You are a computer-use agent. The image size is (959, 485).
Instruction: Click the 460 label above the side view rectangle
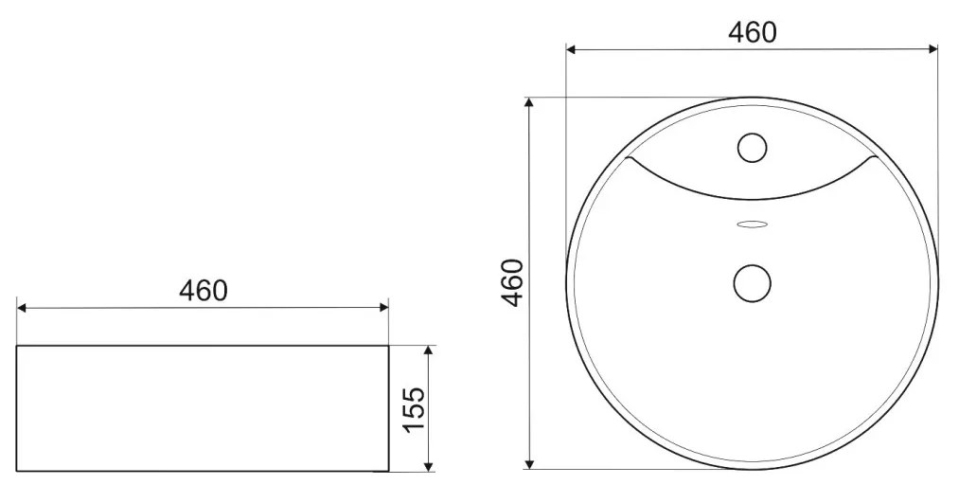coord(204,290)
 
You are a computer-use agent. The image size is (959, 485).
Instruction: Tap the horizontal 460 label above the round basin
coord(752,32)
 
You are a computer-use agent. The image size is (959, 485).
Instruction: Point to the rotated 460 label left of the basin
coord(512,282)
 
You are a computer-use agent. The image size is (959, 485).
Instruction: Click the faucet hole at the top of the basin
coord(752,147)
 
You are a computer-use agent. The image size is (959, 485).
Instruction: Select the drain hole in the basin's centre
coord(753,281)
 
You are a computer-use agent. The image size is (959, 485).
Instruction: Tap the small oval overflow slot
coord(753,225)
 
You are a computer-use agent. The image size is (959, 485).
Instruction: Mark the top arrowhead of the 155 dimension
coord(429,351)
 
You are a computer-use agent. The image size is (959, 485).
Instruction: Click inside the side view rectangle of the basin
coord(203,407)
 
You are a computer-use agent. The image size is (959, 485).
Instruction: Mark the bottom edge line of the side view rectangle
coord(203,471)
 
